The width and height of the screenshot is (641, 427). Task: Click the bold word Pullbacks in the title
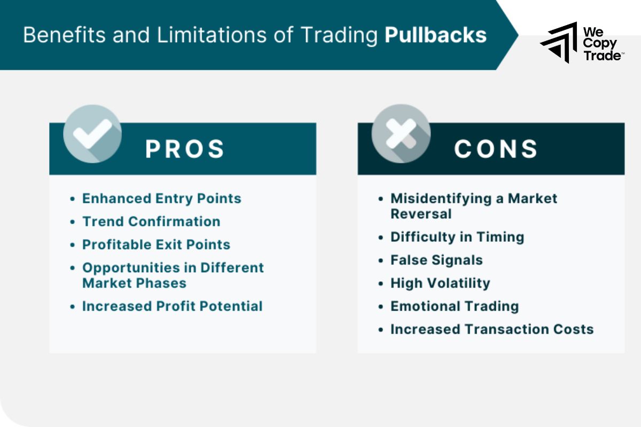435,35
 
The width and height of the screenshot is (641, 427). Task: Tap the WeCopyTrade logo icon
559,42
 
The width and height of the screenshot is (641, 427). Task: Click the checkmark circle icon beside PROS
92,134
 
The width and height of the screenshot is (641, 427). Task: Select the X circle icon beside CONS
401,134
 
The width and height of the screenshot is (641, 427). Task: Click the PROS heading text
185,149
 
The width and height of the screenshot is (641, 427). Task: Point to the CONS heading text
496,149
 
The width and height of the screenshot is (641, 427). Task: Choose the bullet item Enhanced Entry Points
161,199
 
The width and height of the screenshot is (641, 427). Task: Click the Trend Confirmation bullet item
151,222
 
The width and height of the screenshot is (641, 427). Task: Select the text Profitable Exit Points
156,244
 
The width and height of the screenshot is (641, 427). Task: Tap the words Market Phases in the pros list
134,283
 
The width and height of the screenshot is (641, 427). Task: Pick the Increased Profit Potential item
172,306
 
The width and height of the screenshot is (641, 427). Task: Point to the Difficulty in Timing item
457,237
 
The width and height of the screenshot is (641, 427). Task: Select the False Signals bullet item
436,260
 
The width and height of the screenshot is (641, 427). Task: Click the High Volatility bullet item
440,283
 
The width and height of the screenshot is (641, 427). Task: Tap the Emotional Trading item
455,306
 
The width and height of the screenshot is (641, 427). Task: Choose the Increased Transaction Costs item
492,329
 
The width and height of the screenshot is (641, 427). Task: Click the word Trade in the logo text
601,55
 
